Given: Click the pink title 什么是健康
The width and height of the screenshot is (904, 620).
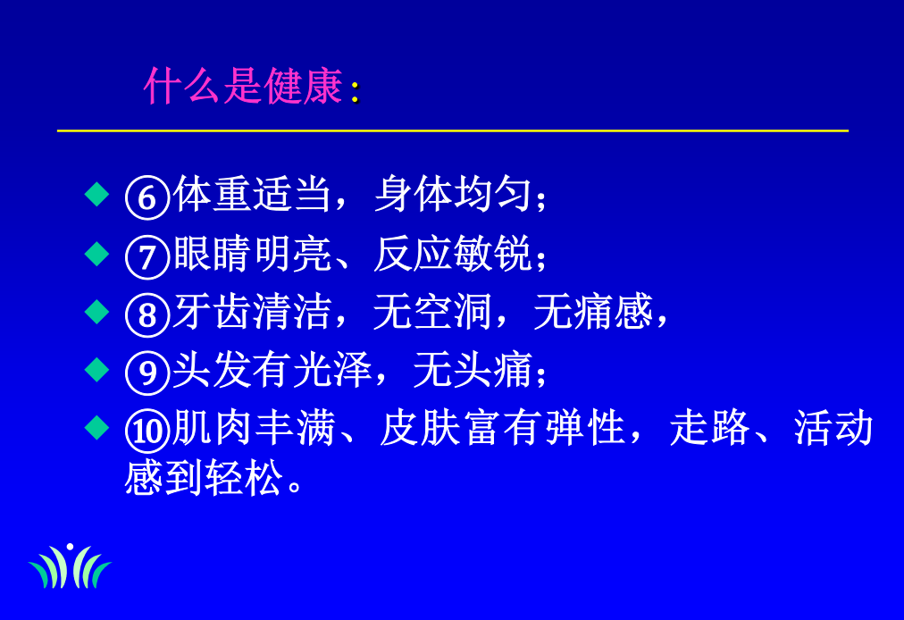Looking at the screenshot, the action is [243, 86].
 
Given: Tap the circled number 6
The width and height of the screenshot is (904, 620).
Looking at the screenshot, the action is [147, 197].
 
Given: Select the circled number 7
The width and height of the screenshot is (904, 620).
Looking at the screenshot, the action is [147, 256].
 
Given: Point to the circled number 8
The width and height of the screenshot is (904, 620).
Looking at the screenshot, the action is [147, 314].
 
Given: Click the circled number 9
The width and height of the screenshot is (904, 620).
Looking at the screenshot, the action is [147, 373].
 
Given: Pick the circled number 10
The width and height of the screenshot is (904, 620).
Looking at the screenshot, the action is [147, 431].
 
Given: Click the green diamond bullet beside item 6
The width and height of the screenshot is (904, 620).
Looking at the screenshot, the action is [96, 194].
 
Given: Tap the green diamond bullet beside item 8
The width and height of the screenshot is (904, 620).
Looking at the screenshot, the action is [96, 312].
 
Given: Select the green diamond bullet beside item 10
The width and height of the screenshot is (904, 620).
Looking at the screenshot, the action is [96, 427].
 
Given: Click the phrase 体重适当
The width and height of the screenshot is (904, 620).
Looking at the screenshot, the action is [253, 194].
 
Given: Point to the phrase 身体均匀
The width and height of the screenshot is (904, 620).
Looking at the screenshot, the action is [453, 194].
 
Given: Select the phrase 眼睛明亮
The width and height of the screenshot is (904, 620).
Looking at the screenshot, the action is [253, 254].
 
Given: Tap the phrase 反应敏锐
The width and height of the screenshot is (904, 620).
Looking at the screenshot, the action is [453, 254].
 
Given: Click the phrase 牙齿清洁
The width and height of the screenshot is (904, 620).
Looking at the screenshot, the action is [253, 312].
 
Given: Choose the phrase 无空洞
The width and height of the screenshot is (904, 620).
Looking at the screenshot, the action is [432, 312].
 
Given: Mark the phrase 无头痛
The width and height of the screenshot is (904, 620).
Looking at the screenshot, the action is [473, 370].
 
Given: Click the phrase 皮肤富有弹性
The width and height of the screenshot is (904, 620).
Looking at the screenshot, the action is [503, 427].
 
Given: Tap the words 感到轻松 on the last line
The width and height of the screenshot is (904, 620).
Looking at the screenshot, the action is [204, 478].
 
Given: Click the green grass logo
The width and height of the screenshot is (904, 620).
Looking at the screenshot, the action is [70, 566].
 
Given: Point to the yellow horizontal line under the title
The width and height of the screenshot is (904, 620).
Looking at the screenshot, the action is [453, 131].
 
